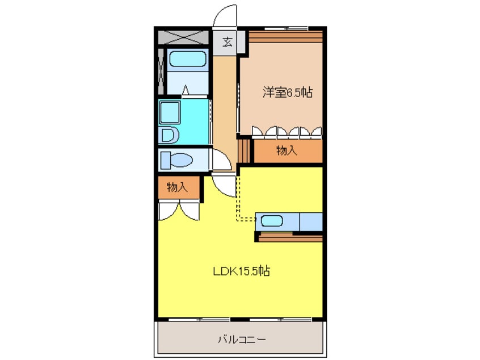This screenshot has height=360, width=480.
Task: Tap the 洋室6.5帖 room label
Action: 287,93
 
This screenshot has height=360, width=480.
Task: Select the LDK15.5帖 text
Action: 241,271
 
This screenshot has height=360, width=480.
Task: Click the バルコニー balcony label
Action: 241,340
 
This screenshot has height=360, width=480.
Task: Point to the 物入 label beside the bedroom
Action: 287,150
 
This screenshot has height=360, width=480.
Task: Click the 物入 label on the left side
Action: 178,187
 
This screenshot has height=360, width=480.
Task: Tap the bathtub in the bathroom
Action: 188,59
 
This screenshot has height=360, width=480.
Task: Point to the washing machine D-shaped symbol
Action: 169,135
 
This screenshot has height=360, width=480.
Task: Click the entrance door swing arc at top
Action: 226,16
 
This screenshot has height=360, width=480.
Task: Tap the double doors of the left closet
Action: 179,211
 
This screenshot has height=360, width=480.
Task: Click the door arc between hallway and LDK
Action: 225,185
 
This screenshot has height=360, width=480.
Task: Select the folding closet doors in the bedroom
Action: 287,132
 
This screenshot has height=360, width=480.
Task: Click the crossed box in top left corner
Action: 183,39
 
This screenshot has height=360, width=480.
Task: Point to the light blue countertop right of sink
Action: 310,221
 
